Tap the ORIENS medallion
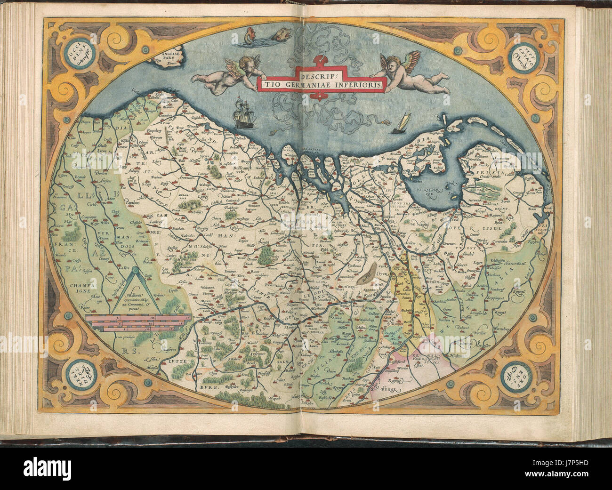click(516, 375)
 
